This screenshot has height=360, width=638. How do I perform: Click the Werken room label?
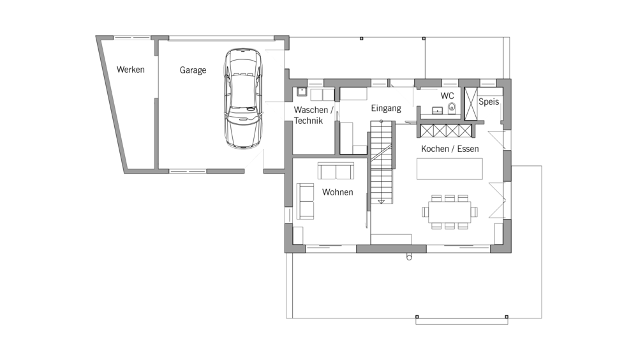(x=131, y=70)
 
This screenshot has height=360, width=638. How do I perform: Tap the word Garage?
(x=193, y=70)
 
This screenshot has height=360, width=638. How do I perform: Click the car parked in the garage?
(x=243, y=98)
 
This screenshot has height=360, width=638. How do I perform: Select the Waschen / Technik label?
(x=313, y=116)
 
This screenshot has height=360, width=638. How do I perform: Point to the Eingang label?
(x=386, y=109)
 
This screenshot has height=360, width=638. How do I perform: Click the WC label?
(x=447, y=96)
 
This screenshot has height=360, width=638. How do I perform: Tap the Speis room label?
(x=489, y=102)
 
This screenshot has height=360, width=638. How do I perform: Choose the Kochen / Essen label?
(x=450, y=149)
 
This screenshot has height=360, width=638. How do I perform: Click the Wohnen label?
(x=338, y=192)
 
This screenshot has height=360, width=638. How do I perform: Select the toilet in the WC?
(x=452, y=109)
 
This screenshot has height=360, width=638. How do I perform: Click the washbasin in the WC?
(x=438, y=110)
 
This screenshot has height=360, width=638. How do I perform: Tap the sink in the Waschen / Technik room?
(x=302, y=92)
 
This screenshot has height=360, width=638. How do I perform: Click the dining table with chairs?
(x=450, y=212)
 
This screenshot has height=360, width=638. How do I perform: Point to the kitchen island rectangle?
(x=450, y=169)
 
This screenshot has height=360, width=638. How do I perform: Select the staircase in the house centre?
(x=382, y=162)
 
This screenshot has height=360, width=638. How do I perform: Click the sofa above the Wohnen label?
(x=336, y=171)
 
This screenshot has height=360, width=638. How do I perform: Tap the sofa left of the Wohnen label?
(x=305, y=201)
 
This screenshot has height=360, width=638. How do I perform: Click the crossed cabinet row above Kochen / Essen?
(x=446, y=131)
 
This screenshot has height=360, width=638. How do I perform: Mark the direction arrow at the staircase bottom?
(x=382, y=201)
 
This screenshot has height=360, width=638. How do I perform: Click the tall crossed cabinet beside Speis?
(x=471, y=104)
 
